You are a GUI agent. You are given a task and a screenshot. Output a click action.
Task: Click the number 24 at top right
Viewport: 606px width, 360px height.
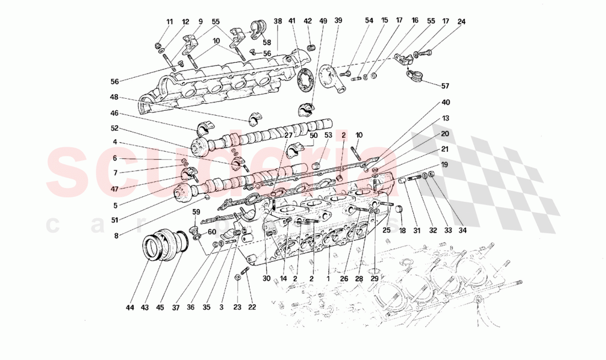[x=462, y=22]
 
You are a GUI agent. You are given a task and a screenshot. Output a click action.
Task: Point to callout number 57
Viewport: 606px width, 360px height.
[x=445, y=86]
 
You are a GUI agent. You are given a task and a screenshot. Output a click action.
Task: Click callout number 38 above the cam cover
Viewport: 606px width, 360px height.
[x=278, y=22]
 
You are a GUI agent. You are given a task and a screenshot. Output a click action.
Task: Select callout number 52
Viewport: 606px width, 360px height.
[x=114, y=128]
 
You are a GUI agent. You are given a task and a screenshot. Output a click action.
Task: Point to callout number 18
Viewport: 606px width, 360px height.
[x=402, y=230]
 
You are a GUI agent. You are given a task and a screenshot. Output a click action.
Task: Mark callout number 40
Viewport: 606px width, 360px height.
[x=446, y=102]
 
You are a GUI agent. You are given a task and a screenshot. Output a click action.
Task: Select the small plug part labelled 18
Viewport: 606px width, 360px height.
[x=401, y=209]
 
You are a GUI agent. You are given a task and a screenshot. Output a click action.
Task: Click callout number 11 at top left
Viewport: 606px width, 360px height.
[x=170, y=22]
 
